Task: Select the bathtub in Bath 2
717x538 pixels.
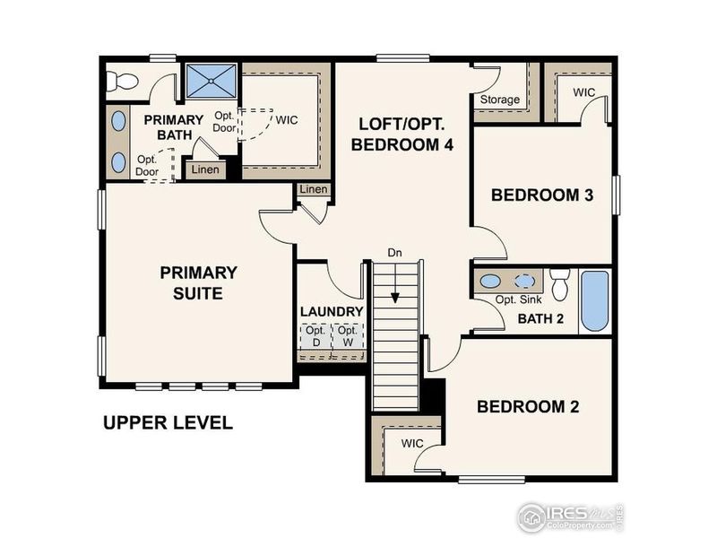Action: click(x=594, y=300)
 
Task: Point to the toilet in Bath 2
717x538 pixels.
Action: click(x=561, y=284)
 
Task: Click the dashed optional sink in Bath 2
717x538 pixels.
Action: click(x=524, y=281)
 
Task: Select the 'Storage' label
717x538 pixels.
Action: click(x=500, y=100)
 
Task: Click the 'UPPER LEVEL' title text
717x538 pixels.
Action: click(x=168, y=422)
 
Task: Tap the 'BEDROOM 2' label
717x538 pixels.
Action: click(x=527, y=407)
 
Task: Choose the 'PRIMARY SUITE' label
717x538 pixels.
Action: click(x=198, y=282)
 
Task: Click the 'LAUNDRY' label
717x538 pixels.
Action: click(x=332, y=312)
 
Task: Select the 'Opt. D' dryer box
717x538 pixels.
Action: click(x=315, y=336)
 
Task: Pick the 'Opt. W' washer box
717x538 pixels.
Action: click(x=347, y=336)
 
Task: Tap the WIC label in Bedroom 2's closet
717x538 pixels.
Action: click(x=412, y=444)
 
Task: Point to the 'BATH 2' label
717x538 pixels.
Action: click(x=541, y=317)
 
